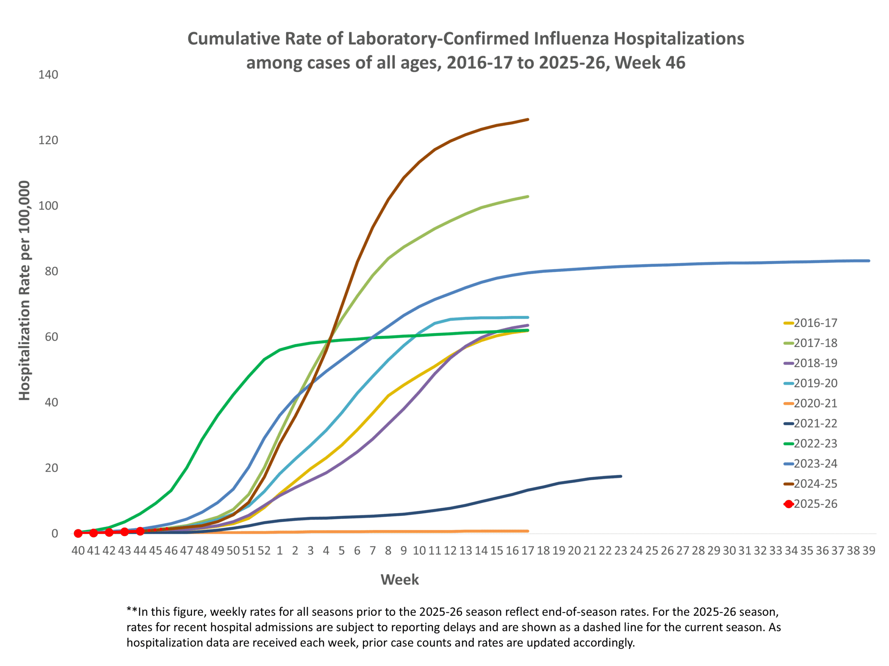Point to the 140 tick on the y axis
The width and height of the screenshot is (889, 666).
[x=48, y=75]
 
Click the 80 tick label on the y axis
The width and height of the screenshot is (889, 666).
[x=51, y=271]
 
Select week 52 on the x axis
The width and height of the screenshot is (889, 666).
[x=264, y=550]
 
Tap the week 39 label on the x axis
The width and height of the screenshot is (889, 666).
[x=869, y=550]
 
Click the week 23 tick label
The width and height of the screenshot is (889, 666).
[x=621, y=550]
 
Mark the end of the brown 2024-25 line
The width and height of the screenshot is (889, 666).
[x=528, y=119]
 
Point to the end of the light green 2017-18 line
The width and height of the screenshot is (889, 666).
[x=528, y=196]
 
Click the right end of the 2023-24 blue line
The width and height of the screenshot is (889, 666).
[x=869, y=261]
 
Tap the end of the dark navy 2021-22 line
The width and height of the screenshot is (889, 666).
[x=621, y=476]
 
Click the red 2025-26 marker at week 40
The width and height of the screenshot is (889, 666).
[x=78, y=533]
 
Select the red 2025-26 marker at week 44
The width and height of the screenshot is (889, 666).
[x=140, y=531]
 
